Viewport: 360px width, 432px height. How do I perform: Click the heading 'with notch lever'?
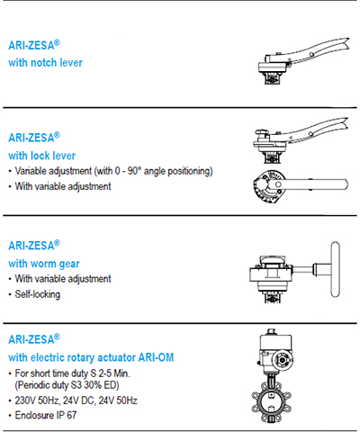[x=45, y=63]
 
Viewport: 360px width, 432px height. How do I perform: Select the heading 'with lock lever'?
[x=42, y=156]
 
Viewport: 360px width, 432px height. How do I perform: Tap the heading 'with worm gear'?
[x=44, y=264]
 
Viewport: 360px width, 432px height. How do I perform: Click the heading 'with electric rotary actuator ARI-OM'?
[x=91, y=357]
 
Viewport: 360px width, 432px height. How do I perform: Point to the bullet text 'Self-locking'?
[x=38, y=294]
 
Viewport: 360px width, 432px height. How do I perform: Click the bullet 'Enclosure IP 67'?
[x=46, y=415]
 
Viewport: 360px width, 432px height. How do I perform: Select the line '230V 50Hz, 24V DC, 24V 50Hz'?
[x=76, y=400]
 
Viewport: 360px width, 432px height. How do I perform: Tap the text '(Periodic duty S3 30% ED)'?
[x=67, y=385]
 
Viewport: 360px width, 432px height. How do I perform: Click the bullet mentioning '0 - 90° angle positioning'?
[x=113, y=171]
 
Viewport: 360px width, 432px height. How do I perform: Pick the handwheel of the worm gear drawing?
[x=336, y=269]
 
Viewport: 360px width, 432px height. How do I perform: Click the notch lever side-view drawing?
[x=303, y=60]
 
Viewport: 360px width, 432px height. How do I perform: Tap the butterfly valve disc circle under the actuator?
[x=271, y=401]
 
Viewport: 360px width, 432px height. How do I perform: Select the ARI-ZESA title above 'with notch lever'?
[x=34, y=45]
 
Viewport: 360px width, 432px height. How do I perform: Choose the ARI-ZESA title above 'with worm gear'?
[x=34, y=246]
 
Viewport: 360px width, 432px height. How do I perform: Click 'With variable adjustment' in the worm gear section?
[x=63, y=279]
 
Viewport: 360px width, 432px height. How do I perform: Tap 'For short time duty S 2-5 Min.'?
[x=73, y=373]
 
